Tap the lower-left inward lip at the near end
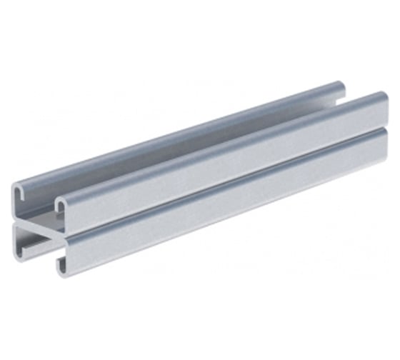click(x=21, y=251)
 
